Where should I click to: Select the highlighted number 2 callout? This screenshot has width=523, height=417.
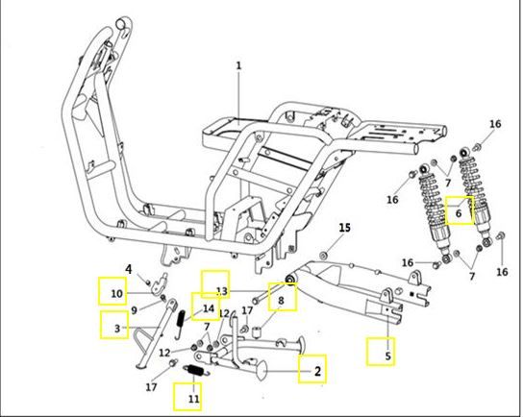[312, 369]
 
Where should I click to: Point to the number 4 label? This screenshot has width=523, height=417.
[128, 268]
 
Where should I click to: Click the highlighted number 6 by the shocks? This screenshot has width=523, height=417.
[460, 210]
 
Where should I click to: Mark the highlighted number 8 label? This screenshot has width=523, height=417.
[281, 301]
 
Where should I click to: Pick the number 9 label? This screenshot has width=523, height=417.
[135, 309]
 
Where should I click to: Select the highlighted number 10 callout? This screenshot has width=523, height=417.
[113, 291]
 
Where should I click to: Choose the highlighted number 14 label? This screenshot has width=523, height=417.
[206, 308]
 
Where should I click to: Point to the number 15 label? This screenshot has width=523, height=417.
[342, 227]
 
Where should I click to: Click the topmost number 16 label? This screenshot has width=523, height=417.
[495, 125]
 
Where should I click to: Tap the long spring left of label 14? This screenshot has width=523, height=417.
[183, 323]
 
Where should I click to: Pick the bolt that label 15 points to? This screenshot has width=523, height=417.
[324, 255]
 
